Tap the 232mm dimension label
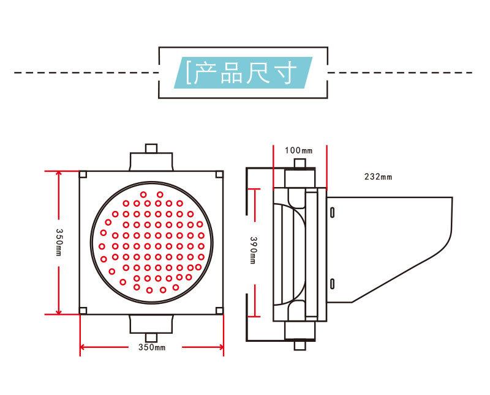click(x=378, y=177)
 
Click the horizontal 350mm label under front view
click(x=152, y=349)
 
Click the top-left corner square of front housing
click(x=83, y=174)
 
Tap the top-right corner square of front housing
click(x=219, y=174)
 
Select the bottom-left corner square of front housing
click(x=83, y=311)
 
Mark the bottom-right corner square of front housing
click(x=219, y=311)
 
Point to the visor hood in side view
click(x=392, y=245)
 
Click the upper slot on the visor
click(x=332, y=211)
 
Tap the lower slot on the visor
click(x=332, y=282)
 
